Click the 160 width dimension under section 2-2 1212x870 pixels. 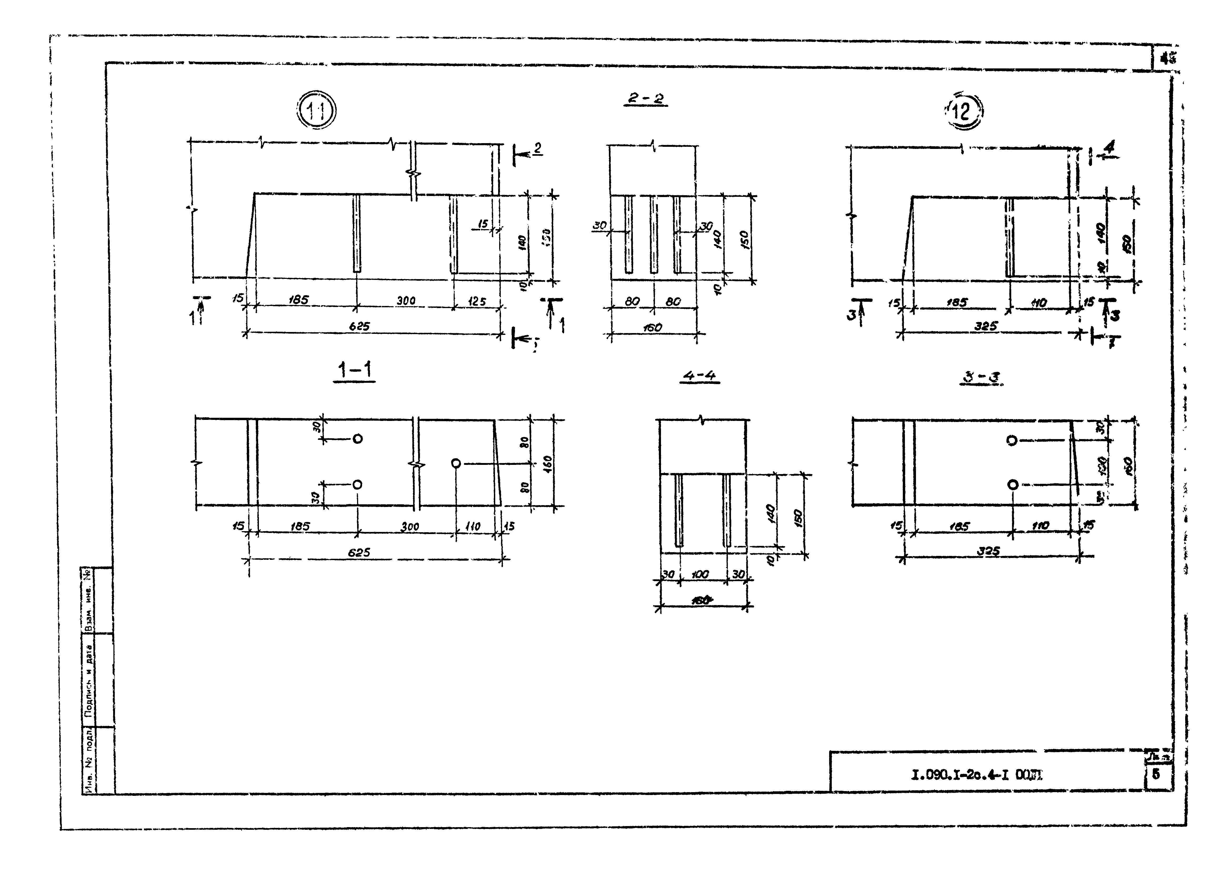click(x=653, y=328)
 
